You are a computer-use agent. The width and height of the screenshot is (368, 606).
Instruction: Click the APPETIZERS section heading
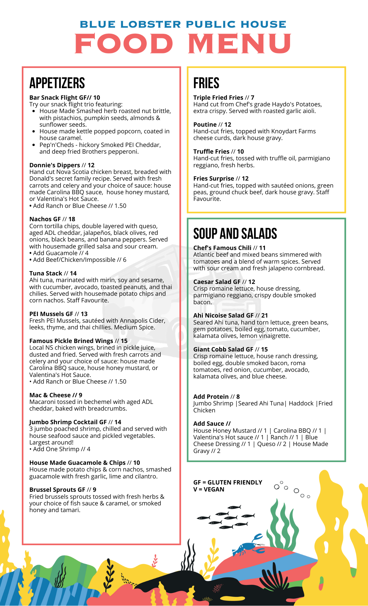[x=57, y=83]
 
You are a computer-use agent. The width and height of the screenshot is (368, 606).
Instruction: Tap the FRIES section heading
[x=206, y=83]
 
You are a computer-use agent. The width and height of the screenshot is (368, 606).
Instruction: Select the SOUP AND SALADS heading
[x=235, y=234]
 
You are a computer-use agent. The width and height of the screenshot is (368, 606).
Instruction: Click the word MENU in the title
[x=239, y=43]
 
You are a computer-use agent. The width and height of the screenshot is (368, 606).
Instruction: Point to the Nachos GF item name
[x=45, y=219]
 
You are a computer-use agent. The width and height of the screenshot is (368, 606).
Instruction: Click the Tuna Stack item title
[x=46, y=273]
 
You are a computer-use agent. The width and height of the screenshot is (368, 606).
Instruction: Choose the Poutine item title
[x=205, y=125]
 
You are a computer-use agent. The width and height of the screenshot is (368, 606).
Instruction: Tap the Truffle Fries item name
[x=211, y=151]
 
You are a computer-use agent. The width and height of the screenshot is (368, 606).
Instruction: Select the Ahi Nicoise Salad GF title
[x=223, y=315]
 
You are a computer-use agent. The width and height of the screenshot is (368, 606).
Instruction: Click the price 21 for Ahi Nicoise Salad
[x=264, y=315]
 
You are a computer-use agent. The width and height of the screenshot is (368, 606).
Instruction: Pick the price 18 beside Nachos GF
[x=72, y=219]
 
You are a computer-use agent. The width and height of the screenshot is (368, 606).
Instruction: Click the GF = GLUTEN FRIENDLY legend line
[x=228, y=482]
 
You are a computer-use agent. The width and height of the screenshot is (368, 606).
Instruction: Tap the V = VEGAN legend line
[x=209, y=489]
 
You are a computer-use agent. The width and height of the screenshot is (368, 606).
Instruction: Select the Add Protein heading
[x=211, y=397]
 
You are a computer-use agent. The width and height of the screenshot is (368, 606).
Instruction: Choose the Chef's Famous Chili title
[x=222, y=248]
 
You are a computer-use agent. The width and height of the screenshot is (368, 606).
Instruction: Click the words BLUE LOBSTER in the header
[x=130, y=24]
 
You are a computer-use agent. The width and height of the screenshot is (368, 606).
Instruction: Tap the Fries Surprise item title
[x=214, y=178]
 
